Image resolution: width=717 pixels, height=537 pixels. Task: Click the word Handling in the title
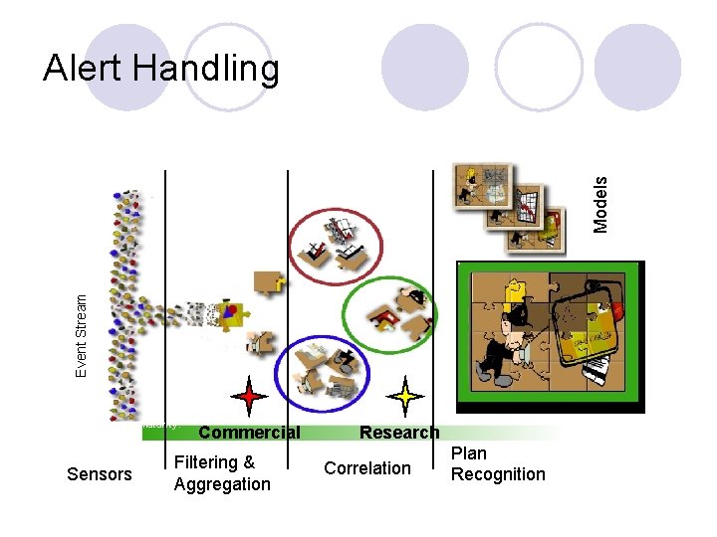click(x=206, y=69)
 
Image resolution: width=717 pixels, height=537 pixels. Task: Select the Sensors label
click(x=99, y=473)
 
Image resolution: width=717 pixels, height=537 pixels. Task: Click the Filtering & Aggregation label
click(x=222, y=473)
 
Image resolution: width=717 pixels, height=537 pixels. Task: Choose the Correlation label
click(x=366, y=468)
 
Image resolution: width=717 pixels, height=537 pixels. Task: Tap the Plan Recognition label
click(x=498, y=463)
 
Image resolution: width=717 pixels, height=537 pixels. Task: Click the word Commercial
click(x=249, y=433)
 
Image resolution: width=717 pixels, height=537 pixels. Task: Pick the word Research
click(x=398, y=433)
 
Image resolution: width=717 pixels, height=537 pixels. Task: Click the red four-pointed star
click(x=248, y=396)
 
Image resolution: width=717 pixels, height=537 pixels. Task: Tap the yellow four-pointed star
click(x=405, y=396)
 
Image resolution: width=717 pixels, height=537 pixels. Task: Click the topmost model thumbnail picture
click(x=483, y=186)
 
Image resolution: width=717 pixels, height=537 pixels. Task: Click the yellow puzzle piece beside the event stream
click(x=235, y=312)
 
